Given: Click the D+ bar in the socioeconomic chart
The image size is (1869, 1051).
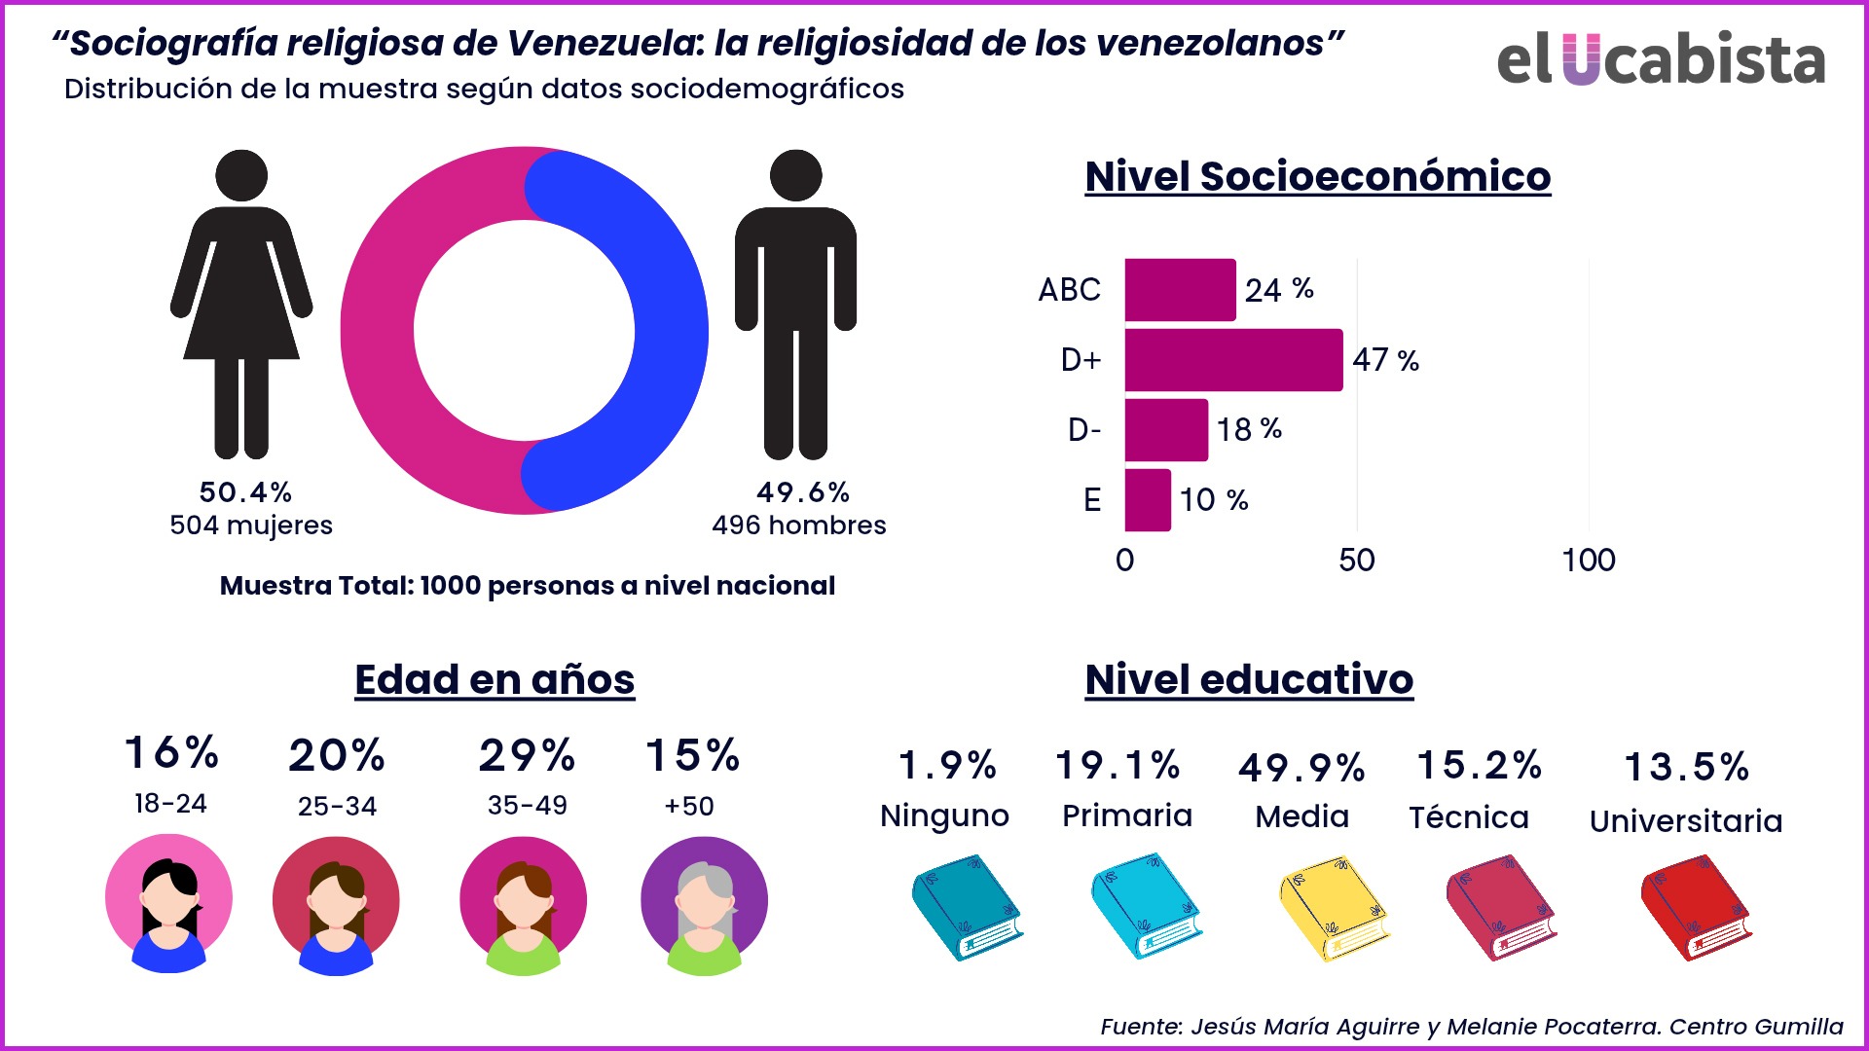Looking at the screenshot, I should [x=1233, y=360].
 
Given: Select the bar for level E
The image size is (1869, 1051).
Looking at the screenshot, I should [x=1148, y=500].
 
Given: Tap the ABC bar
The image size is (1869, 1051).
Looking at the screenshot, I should [x=1180, y=290].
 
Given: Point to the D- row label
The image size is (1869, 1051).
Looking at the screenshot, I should [x=1084, y=429].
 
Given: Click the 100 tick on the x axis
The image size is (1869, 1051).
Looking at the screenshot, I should [x=1589, y=561].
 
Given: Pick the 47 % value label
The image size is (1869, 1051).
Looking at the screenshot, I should [x=1385, y=360].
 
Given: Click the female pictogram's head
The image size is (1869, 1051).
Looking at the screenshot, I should [x=241, y=176].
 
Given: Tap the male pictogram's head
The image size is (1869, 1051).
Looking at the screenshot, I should [x=795, y=176].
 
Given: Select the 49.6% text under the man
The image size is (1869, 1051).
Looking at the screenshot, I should [x=803, y=492].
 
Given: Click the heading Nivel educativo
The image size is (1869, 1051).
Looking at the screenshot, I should [x=1249, y=679].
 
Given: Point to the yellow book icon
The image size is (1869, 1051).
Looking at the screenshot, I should [x=1334, y=908].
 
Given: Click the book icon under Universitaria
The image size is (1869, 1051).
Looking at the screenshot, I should [x=1695, y=908].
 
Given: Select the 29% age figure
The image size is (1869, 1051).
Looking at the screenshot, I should [x=527, y=756].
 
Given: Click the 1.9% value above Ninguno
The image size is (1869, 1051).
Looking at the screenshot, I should [x=947, y=766].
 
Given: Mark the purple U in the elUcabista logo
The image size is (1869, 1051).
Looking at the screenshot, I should [x=1582, y=59].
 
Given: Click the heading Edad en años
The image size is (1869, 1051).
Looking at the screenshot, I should [x=495, y=679].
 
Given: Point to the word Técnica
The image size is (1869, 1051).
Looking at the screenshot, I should [x=1469, y=817].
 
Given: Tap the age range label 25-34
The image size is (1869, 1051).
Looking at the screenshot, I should [x=337, y=806].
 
